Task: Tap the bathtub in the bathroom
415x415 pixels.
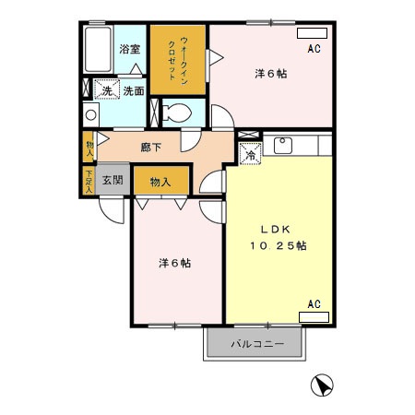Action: point(96,52)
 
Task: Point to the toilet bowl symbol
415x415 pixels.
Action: point(178,113)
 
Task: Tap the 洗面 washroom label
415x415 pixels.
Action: point(134,90)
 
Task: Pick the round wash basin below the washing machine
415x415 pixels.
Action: point(90,114)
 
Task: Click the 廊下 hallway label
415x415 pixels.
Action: point(152,145)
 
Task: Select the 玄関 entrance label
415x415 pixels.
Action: point(113,180)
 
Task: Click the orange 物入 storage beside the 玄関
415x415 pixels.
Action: point(160,182)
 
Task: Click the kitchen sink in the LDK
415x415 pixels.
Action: point(284,145)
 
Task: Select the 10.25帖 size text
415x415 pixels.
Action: point(277,245)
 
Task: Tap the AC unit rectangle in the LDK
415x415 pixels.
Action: point(314,315)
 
